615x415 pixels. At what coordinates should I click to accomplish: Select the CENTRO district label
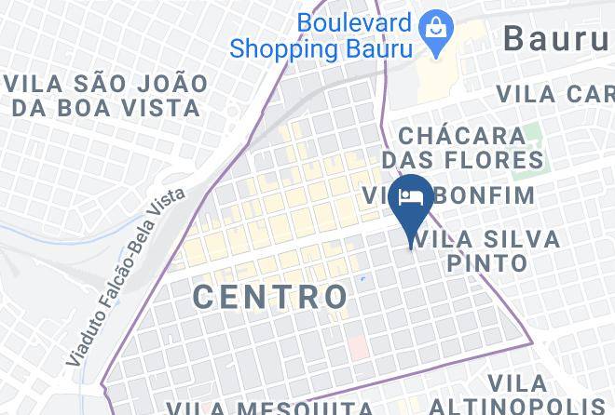coord(271,297)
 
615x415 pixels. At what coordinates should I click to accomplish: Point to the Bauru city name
coord(557,39)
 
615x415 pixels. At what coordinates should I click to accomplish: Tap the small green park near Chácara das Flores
coord(531,137)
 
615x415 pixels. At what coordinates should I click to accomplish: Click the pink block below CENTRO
coord(358,347)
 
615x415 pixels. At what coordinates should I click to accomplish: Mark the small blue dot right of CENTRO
coord(362,278)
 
